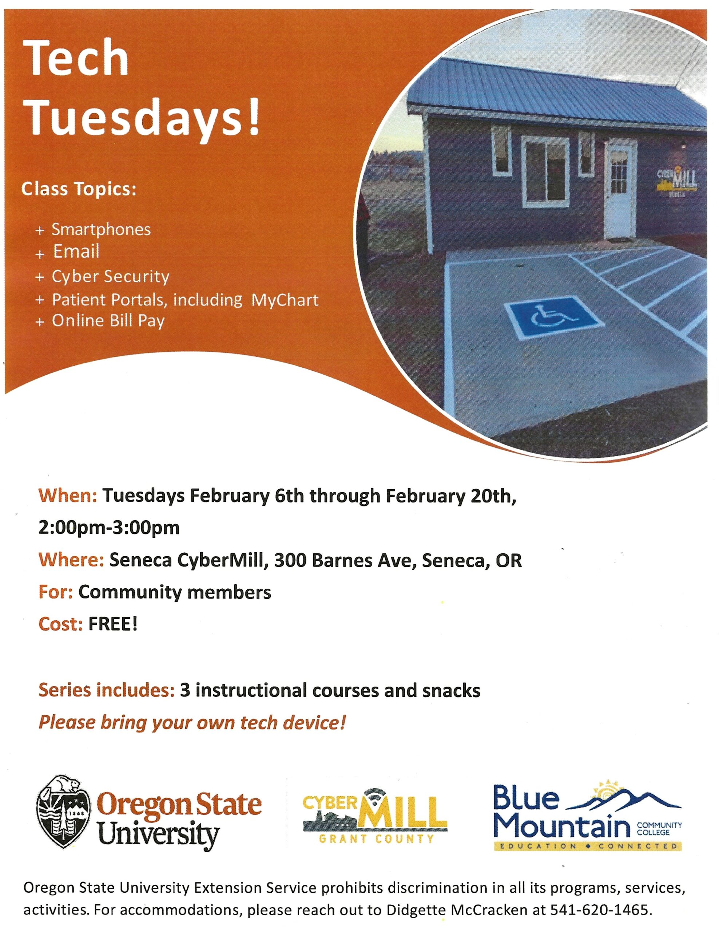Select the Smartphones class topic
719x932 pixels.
point(101,230)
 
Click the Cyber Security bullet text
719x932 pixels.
point(111,277)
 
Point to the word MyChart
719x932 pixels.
point(285,300)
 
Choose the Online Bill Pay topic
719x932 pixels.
point(108,321)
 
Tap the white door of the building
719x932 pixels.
point(620,191)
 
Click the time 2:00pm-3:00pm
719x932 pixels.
point(109,528)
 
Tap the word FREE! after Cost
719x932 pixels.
point(112,624)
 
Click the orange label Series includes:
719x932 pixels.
point(107,690)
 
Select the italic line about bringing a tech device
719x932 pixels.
point(192,722)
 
